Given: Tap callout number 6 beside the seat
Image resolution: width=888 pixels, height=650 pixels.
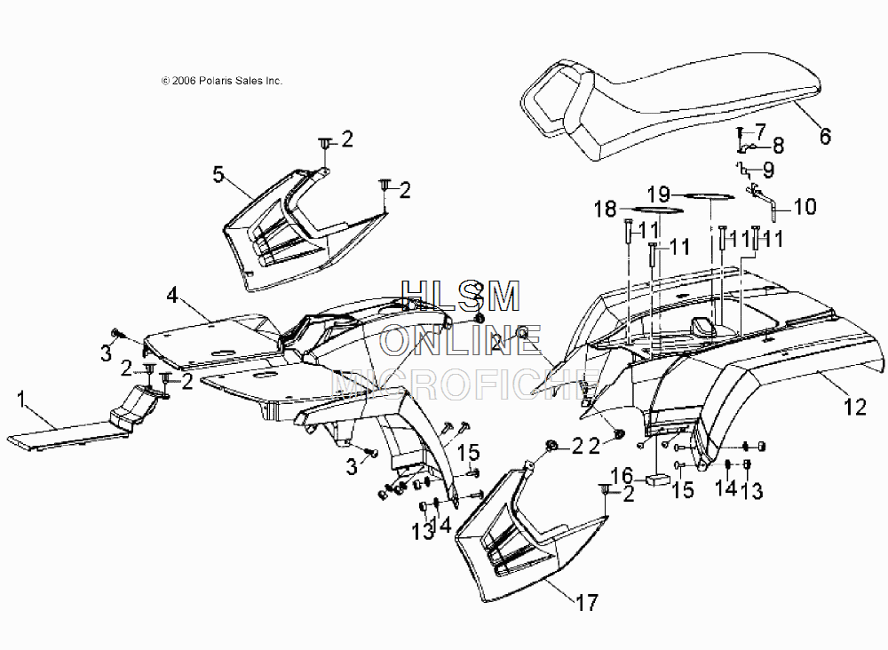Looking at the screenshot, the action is (825, 137).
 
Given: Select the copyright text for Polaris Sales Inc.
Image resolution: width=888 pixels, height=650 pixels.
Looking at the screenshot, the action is (222, 81).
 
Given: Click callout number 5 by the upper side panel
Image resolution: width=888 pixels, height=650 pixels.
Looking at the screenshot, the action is (218, 174).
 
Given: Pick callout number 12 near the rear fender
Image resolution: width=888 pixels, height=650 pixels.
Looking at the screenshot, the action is (855, 407).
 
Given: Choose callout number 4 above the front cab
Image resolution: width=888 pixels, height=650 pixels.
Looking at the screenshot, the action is (173, 296).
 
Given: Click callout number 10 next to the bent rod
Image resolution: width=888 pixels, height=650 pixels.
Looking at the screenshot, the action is (805, 207).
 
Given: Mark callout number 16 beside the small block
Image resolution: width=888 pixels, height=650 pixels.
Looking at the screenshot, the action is (622, 476).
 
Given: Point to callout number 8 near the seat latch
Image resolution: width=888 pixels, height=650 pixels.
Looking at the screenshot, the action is (778, 147).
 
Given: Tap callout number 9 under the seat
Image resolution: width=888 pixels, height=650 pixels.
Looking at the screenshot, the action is (768, 170).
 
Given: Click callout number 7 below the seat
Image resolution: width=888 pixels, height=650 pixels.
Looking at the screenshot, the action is (759, 131).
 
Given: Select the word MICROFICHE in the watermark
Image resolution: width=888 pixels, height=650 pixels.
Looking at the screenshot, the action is (465, 384).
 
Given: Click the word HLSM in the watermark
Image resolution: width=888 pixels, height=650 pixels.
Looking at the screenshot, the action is (460, 297).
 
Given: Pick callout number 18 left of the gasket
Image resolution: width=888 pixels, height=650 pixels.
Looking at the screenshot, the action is (606, 209).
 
